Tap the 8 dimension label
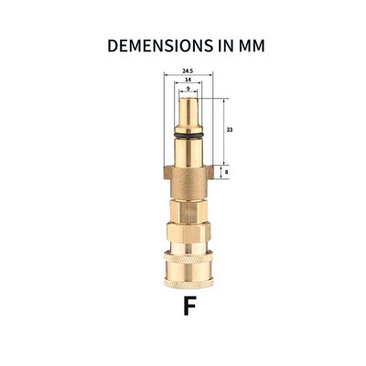pos(228,170)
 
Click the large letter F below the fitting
pos(188,305)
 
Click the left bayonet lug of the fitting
pos(167,171)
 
